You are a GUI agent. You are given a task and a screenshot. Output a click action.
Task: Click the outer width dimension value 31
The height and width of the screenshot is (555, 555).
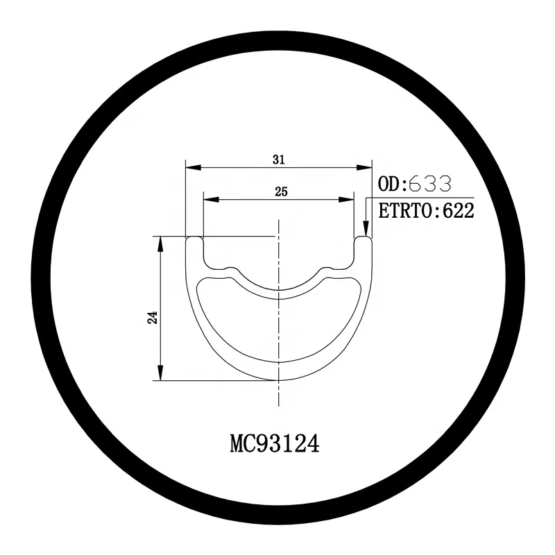click(x=279, y=160)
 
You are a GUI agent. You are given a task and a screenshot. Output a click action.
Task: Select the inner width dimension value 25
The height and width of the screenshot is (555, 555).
click(x=281, y=191)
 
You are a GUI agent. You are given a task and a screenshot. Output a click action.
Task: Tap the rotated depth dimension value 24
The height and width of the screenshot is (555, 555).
click(x=153, y=317)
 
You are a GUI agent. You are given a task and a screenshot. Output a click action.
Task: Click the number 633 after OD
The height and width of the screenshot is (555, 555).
click(x=430, y=184)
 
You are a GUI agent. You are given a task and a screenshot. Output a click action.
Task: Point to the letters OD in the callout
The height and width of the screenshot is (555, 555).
click(x=390, y=184)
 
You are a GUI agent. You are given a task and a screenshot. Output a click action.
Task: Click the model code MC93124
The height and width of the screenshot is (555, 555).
click(x=274, y=444)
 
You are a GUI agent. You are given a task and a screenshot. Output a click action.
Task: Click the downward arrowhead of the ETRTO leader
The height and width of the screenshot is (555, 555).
click(x=366, y=233)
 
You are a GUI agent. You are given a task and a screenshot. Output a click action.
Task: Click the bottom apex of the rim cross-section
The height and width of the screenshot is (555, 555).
click(x=278, y=379)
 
